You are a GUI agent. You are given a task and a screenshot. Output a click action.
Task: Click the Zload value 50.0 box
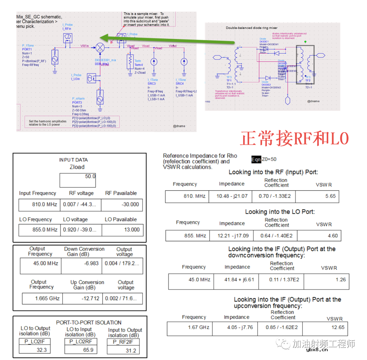tap(77, 180)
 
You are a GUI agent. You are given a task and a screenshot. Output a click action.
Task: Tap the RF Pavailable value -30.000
tap(122, 204)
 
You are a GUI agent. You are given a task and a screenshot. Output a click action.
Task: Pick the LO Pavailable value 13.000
tap(123, 229)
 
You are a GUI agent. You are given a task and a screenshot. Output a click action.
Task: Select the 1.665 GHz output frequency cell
tap(42, 298)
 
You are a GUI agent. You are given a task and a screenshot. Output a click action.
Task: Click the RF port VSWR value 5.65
tap(318, 196)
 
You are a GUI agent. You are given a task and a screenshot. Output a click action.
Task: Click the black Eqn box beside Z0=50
tap(256, 159)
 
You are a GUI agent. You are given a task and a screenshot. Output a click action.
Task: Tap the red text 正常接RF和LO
tap(294, 139)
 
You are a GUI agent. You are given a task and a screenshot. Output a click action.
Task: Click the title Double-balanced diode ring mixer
tap(251, 28)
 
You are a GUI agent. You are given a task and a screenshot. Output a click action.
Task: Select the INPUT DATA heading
tap(73, 160)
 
